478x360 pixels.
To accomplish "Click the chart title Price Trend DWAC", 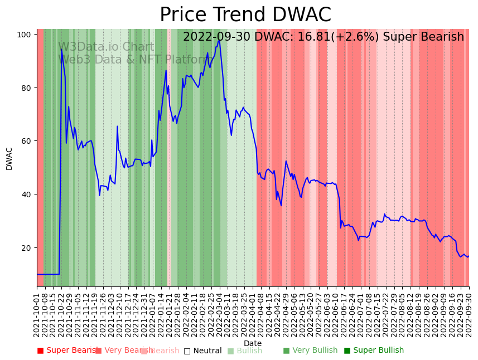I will (245, 15).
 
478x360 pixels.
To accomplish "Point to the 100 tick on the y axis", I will (23, 35).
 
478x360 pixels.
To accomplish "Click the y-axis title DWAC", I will (9, 158).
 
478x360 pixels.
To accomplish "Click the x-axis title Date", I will (253, 344).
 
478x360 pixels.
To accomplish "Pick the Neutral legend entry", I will (207, 351).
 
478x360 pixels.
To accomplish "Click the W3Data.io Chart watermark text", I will (106, 47).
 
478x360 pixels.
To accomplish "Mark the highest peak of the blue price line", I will (219, 40).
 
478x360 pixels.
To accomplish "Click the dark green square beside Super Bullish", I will (347, 351).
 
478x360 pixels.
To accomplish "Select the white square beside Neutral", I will (187, 351).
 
